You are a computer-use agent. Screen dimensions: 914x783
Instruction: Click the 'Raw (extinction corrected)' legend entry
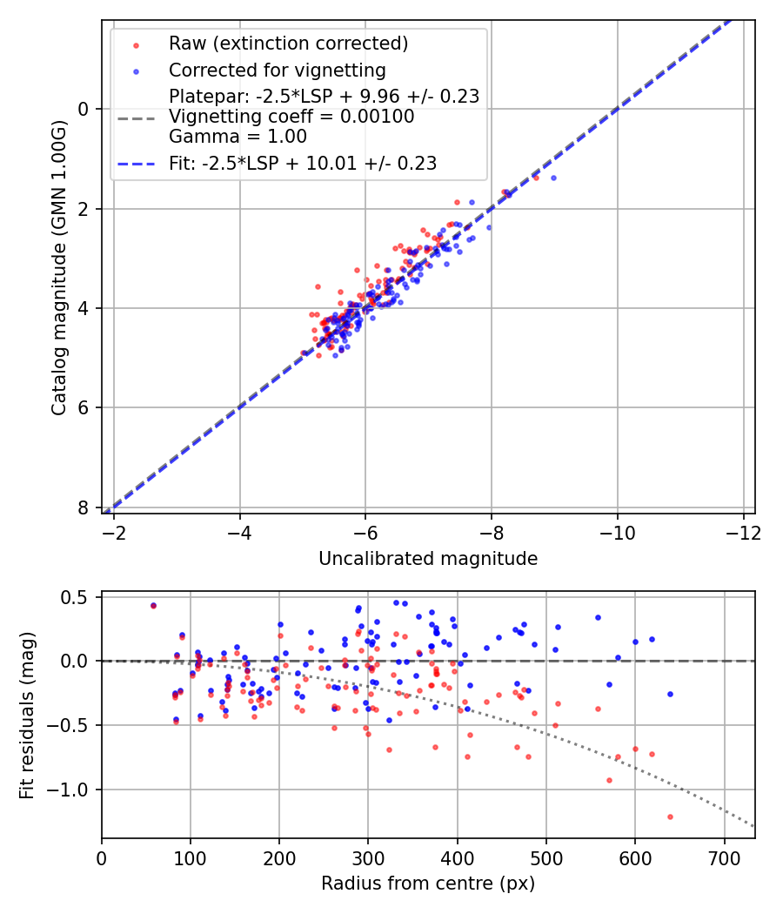coord(288,44)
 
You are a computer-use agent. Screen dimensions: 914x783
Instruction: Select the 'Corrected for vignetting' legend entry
coord(277,70)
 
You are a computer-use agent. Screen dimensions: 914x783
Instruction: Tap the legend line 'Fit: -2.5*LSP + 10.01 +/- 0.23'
coord(303,163)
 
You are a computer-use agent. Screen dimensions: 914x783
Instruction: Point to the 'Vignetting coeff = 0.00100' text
coord(291,117)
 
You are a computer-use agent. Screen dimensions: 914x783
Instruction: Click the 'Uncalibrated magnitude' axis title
coord(428,559)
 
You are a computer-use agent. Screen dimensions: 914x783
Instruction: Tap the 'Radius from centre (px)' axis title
coord(428,884)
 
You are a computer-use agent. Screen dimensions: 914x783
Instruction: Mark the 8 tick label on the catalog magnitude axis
coord(84,507)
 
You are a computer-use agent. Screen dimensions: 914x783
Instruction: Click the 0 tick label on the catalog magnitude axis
coord(84,109)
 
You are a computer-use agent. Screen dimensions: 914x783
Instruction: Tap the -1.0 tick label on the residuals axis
coord(73,790)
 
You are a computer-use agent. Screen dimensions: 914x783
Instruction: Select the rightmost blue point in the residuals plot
coord(670,694)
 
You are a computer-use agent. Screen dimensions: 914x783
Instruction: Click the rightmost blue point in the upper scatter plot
coord(553,178)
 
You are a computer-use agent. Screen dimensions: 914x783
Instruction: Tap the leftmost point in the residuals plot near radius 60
coord(153,605)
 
